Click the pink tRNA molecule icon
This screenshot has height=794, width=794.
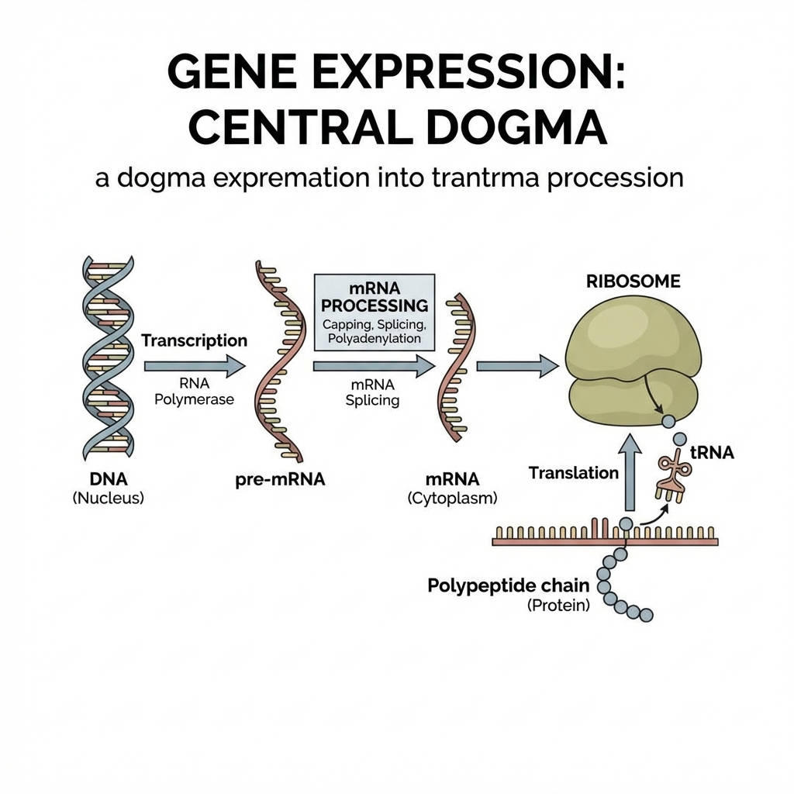(x=672, y=474)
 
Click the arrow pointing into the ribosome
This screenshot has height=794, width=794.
(x=517, y=365)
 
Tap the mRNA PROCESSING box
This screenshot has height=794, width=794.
(x=374, y=312)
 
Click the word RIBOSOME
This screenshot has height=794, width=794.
(x=633, y=282)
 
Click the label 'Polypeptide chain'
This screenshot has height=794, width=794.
(x=509, y=585)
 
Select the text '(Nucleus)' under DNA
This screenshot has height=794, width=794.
(x=109, y=499)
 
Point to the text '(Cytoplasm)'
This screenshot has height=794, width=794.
(x=452, y=499)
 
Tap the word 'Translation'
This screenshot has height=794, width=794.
(x=574, y=472)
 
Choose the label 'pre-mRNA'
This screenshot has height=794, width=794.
(x=279, y=480)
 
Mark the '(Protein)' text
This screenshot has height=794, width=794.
(x=558, y=606)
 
